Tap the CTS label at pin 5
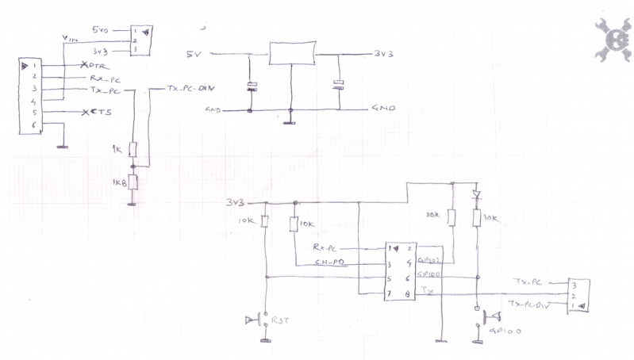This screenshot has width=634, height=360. pyautogui.click(x=101, y=113)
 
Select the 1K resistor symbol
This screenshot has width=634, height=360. pyautogui.click(x=134, y=149)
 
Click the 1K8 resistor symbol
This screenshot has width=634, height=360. pyautogui.click(x=133, y=182)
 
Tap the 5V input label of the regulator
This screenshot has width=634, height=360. pyautogui.click(x=194, y=55)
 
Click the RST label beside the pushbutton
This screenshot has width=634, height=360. pyautogui.click(x=279, y=320)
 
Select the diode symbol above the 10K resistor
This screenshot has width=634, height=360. pyautogui.click(x=476, y=193)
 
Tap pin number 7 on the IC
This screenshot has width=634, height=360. pyautogui.click(x=389, y=294)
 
